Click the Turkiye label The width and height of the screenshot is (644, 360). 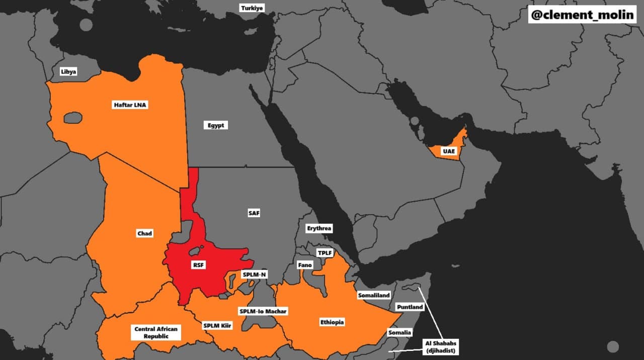(x=252, y=8)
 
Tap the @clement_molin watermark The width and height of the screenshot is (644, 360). (x=582, y=15)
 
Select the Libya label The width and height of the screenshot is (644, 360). (x=68, y=72)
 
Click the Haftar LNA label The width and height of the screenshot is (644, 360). (x=130, y=105)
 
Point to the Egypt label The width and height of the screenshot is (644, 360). (x=216, y=125)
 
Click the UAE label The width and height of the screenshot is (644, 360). (x=449, y=151)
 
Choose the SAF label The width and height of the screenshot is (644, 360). (x=254, y=213)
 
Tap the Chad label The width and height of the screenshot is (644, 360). (x=144, y=233)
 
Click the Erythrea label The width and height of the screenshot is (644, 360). (x=319, y=228)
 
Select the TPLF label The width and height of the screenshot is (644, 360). (x=325, y=252)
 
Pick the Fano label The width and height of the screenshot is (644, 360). (x=305, y=265)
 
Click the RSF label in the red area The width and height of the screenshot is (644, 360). (x=199, y=265)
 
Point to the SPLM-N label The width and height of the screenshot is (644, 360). (x=255, y=275)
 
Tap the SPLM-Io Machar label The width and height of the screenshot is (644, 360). (x=263, y=311)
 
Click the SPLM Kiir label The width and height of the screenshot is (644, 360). (x=217, y=326)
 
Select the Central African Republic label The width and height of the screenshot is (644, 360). (x=156, y=332)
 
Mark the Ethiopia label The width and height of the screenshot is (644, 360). (x=332, y=322)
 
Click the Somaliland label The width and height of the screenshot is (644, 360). (x=374, y=296)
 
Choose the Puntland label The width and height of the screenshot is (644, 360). (x=410, y=307)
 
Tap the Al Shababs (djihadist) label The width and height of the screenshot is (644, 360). (x=441, y=347)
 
